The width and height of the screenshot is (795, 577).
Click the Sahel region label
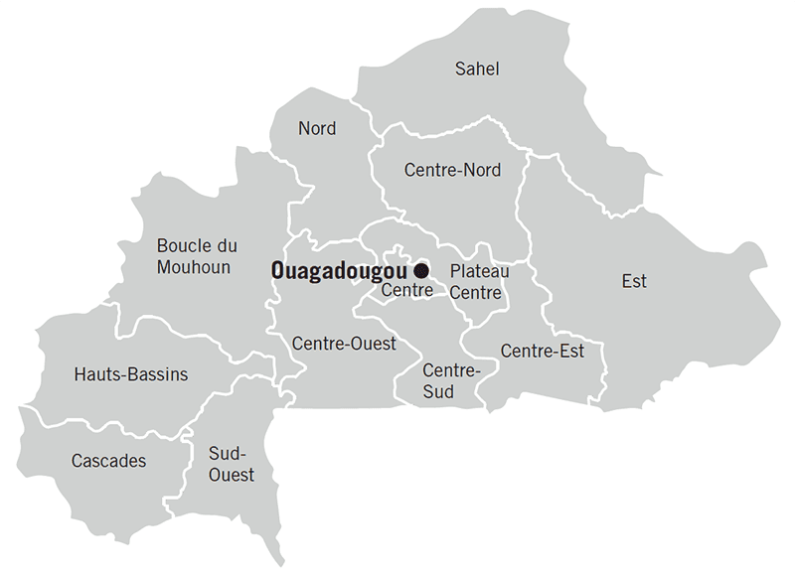point(476,69)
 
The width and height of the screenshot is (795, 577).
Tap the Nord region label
point(317,128)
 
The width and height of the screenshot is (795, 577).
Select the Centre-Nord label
point(452,170)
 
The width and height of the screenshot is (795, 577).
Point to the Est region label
point(634,281)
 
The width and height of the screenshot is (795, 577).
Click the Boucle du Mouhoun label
point(197,256)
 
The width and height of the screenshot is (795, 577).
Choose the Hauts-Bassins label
point(130,374)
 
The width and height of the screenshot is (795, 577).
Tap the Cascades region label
point(108,461)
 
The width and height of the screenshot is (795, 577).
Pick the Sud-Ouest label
point(232,463)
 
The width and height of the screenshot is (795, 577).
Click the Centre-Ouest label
point(344,344)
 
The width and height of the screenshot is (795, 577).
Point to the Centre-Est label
point(542,351)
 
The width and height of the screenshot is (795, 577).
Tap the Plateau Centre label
point(479,282)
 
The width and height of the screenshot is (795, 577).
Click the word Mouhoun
point(194,267)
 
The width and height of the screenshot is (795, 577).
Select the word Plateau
point(479,271)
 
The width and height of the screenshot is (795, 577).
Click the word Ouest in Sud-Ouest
point(232,474)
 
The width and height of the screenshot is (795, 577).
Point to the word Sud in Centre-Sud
point(438,391)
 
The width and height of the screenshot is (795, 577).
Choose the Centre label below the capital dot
point(406,291)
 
